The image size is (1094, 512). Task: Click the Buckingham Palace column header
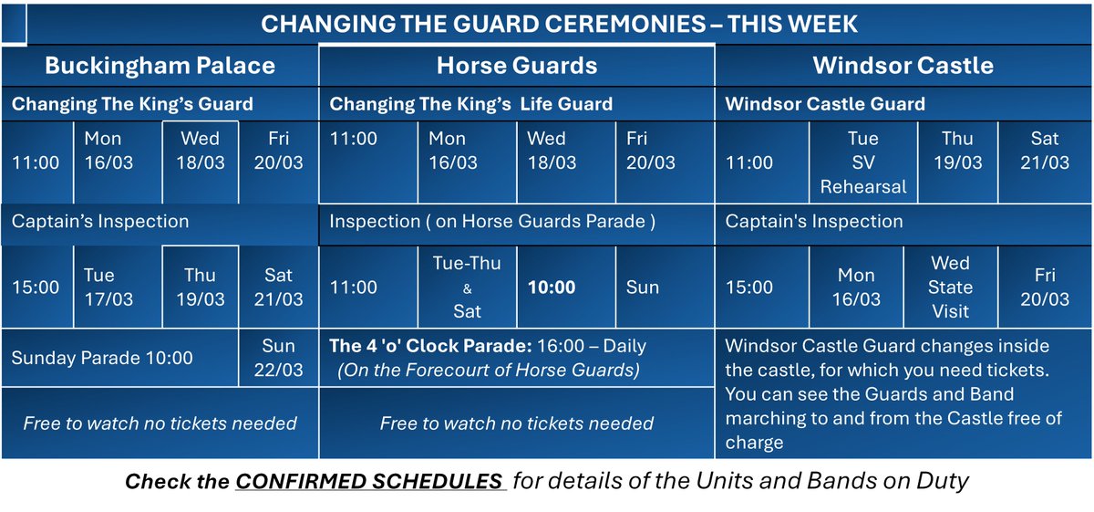(160, 66)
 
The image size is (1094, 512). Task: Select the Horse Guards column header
(516, 66)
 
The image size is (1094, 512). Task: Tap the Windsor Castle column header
(903, 66)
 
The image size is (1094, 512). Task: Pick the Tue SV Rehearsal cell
(862, 162)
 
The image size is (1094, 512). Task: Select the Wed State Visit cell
(950, 287)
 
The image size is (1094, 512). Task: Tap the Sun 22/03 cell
(278, 358)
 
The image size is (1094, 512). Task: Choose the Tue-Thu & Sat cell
(467, 287)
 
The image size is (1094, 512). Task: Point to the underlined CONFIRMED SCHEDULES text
(371, 481)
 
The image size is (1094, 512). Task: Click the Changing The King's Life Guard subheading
(471, 104)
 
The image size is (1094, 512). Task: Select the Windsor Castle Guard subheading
(824, 104)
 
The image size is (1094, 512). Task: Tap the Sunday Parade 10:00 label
(102, 358)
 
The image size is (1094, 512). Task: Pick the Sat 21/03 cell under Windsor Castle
(1045, 151)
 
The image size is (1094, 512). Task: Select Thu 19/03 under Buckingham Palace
(200, 287)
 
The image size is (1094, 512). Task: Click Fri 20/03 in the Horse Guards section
(651, 151)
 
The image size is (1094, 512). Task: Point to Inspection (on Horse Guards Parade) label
(492, 222)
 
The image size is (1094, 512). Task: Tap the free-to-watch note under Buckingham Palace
(160, 423)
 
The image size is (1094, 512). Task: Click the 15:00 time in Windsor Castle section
(748, 287)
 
